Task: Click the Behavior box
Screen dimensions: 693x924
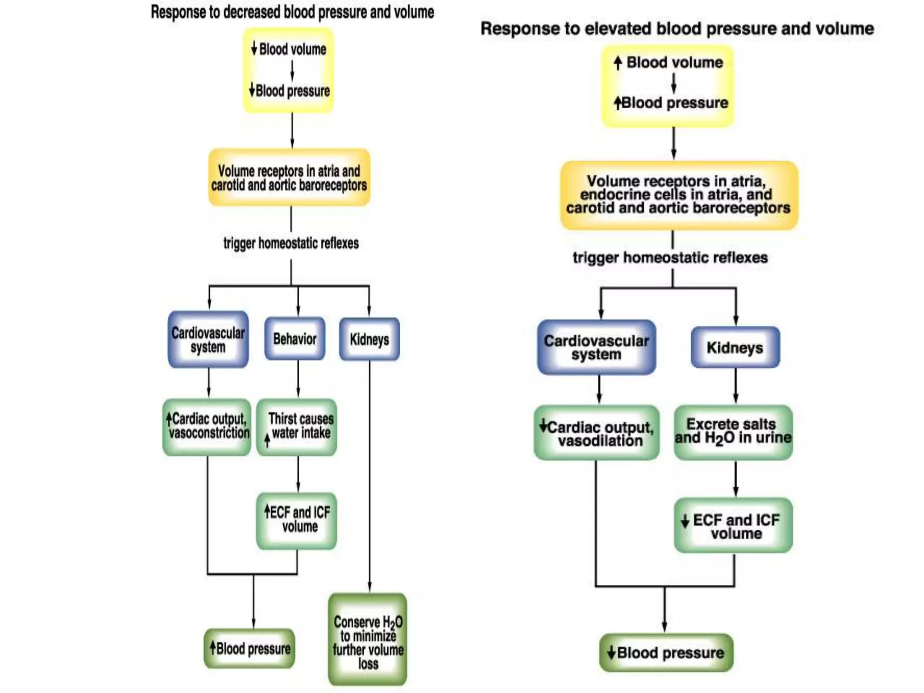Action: [x=295, y=339]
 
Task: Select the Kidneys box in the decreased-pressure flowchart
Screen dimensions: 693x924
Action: [x=369, y=339]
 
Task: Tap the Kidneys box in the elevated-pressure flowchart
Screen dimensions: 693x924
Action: [x=735, y=347]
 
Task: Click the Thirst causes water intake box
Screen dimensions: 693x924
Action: [x=296, y=426]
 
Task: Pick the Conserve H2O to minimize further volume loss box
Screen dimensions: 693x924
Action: [x=368, y=640]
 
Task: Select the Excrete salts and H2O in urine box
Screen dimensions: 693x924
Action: [x=733, y=432]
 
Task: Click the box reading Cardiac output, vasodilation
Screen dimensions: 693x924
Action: [x=596, y=433]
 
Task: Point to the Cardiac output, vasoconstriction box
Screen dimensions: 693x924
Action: [x=207, y=426]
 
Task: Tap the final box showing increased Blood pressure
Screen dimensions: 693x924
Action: [x=249, y=648]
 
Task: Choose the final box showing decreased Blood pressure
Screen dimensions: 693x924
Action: [x=666, y=652]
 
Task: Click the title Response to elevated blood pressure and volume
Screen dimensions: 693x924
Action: [x=677, y=28]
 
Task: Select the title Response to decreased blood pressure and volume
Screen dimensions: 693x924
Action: [x=292, y=12]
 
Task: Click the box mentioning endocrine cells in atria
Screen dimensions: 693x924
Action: [x=679, y=195]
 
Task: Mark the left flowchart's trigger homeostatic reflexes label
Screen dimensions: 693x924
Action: [x=291, y=244]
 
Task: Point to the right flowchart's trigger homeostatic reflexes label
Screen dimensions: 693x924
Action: [x=670, y=258]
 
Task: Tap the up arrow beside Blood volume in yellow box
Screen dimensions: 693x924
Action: [x=618, y=63]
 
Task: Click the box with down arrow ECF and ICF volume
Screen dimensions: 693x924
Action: [x=733, y=525]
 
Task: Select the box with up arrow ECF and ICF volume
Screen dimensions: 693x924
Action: [x=296, y=520]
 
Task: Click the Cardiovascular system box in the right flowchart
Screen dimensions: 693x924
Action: [x=596, y=347]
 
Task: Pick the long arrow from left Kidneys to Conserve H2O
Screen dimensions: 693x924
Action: [x=370, y=474]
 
